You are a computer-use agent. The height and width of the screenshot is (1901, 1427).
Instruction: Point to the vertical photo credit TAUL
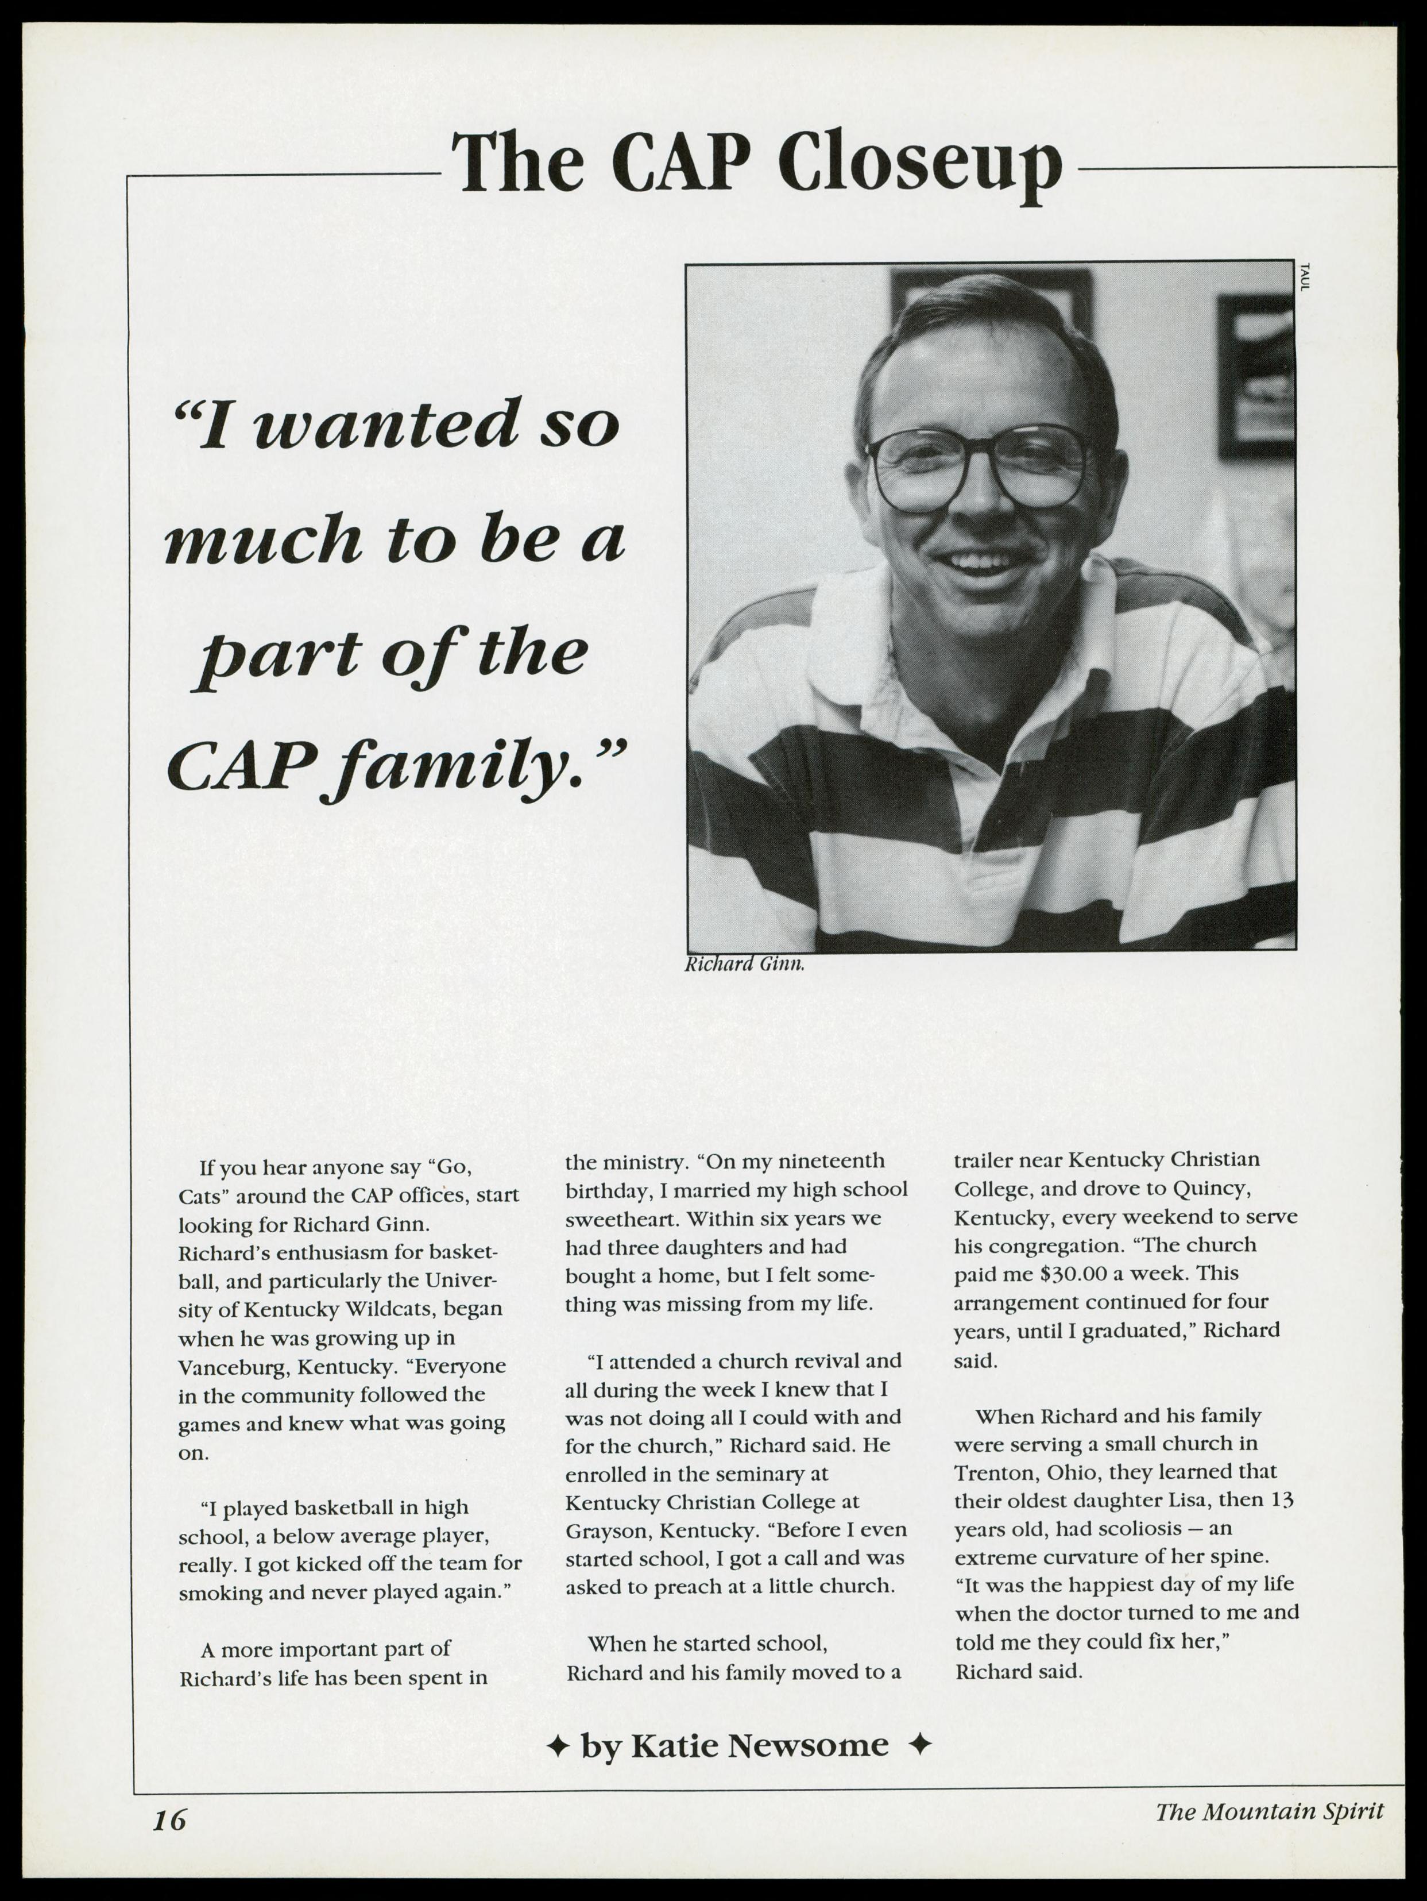click(x=1304, y=277)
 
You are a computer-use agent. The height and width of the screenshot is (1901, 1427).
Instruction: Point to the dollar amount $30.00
click(x=1061, y=1273)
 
